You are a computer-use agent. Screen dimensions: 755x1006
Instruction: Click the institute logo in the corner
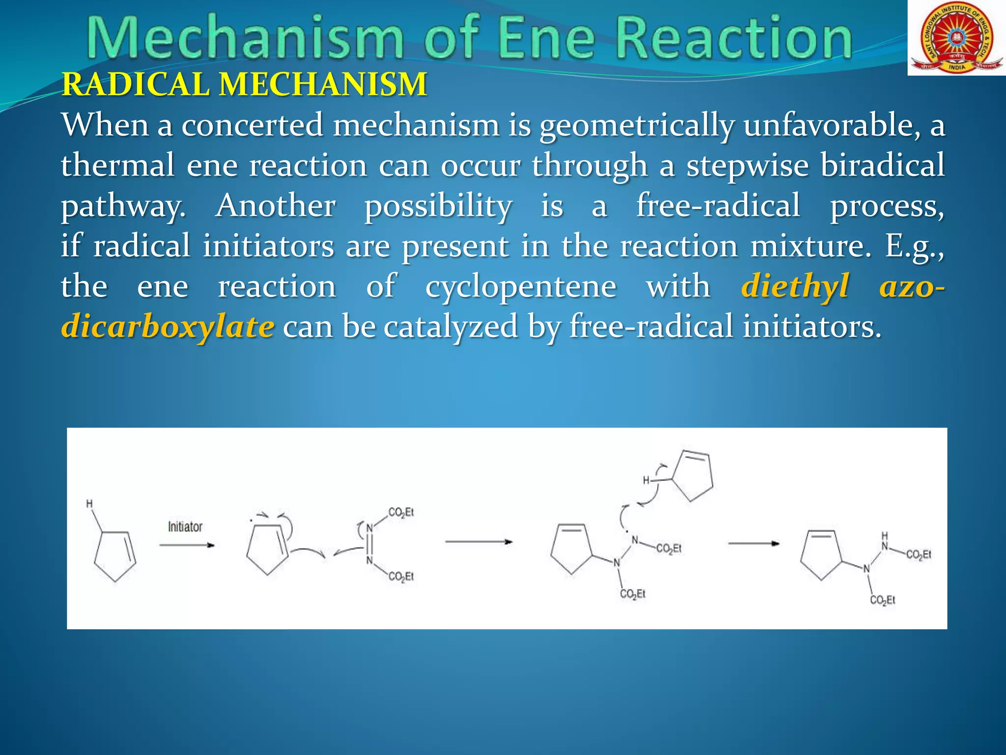tap(956, 38)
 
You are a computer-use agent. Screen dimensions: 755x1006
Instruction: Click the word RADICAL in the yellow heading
tap(135, 85)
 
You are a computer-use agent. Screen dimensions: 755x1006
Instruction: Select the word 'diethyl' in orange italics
tap(795, 286)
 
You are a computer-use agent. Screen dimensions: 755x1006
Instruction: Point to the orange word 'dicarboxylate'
tap(168, 326)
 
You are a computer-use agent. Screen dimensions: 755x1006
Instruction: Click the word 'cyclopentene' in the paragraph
tap(520, 286)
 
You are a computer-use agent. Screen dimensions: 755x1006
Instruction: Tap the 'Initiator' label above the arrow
tap(185, 527)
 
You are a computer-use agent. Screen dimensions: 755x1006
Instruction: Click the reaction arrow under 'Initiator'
tap(187, 545)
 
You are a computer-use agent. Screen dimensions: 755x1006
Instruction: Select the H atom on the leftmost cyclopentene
tap(89, 504)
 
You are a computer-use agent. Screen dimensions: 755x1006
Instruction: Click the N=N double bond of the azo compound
tap(369, 545)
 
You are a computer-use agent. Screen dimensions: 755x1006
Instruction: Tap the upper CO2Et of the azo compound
tap(401, 513)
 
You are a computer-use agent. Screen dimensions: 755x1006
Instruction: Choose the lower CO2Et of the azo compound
tap(401, 576)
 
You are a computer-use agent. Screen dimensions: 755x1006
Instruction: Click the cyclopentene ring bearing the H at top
tap(690, 474)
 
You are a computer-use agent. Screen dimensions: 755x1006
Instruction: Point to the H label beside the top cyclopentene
tap(646, 480)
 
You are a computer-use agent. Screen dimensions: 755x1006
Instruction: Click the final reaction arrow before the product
tap(754, 544)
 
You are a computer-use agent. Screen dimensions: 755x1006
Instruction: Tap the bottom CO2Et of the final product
tap(883, 600)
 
